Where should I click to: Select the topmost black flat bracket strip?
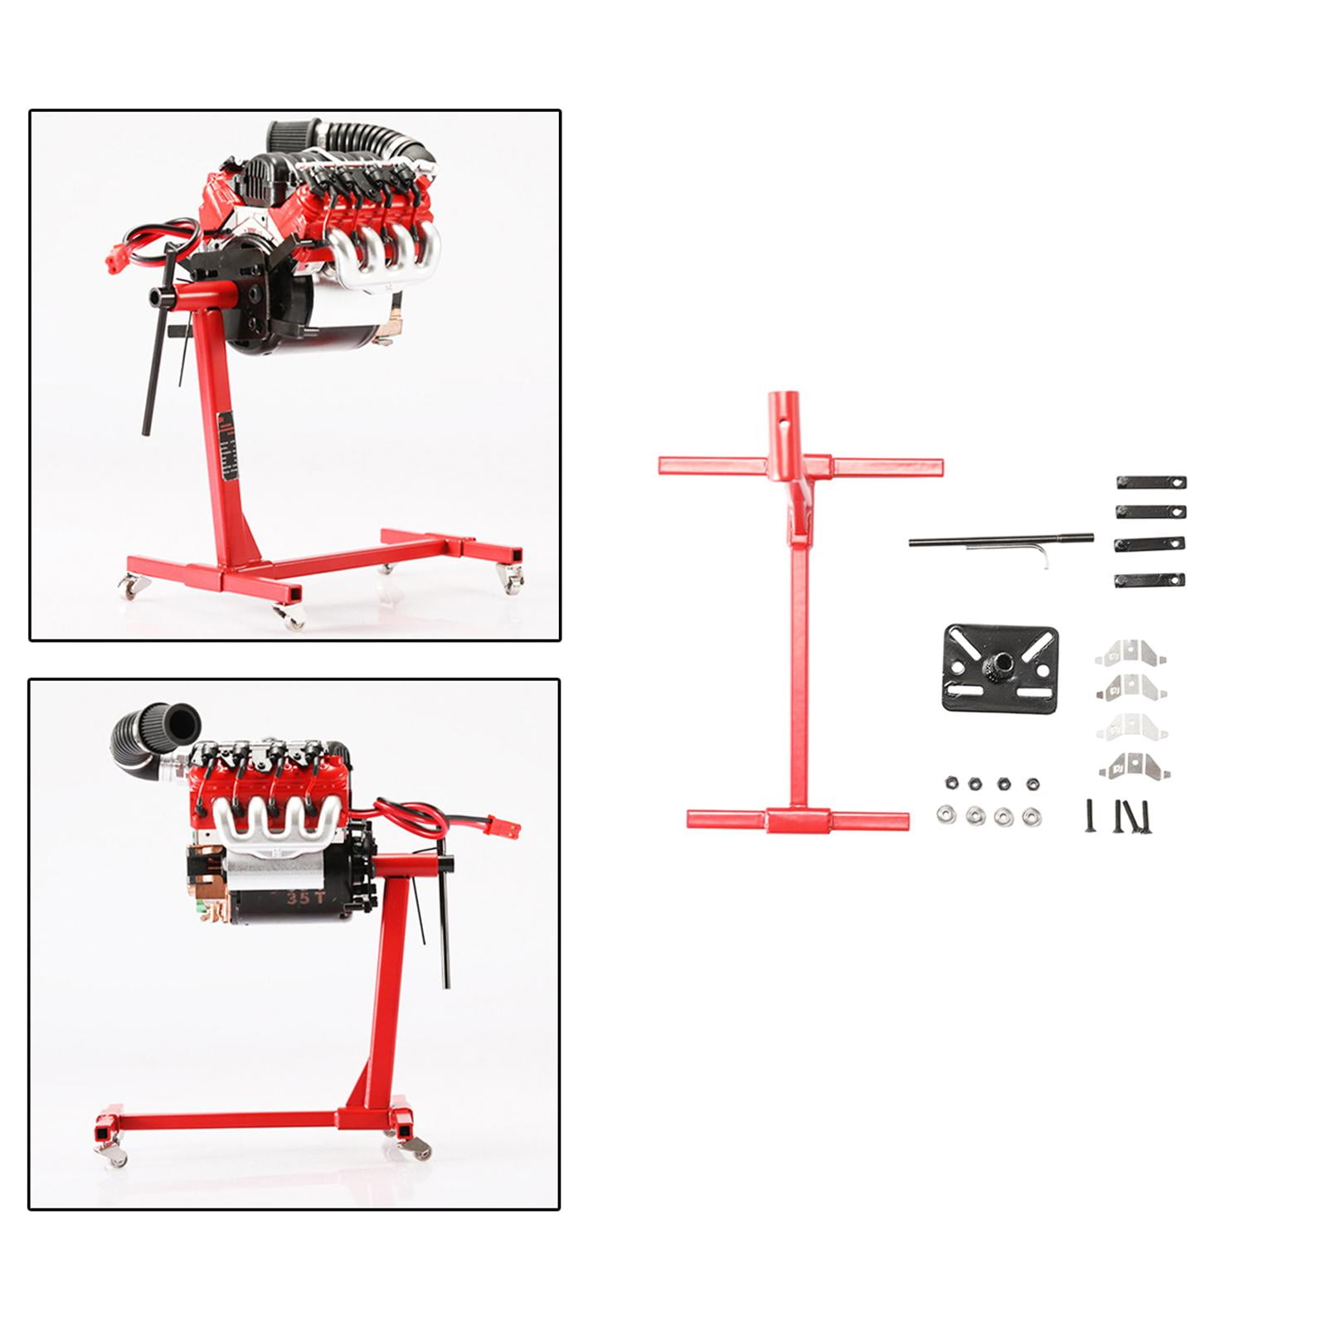[1151, 482]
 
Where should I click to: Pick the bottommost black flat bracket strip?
[1150, 580]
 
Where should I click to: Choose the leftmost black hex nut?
[949, 783]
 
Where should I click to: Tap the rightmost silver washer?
[1031, 817]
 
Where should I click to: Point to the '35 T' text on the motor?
[298, 897]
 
